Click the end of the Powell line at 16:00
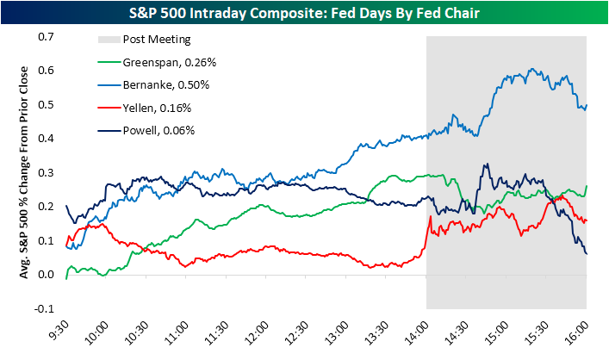587,254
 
